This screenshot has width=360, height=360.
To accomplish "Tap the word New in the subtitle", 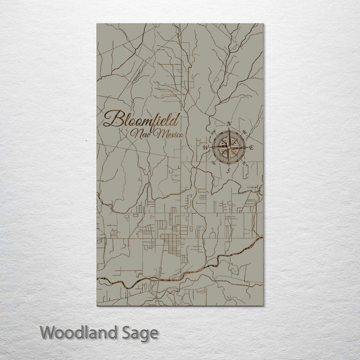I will coord(140,134).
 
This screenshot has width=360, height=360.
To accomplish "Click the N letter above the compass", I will coord(229,123).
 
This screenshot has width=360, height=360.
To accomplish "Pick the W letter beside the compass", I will coord(205,148).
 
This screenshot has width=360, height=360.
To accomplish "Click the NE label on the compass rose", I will coord(244,132).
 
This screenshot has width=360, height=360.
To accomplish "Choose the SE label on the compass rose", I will coord(244,163).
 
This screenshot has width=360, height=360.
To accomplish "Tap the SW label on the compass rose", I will coord(213,163).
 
